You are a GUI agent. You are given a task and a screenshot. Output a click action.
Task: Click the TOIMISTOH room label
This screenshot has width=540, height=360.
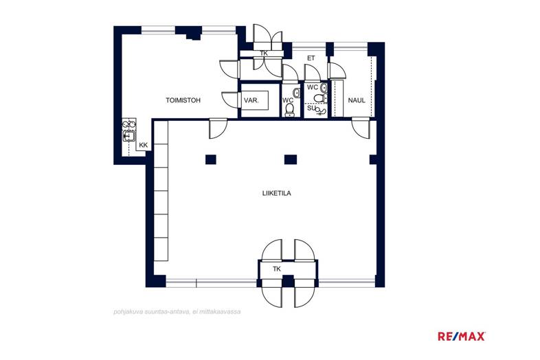[183, 100]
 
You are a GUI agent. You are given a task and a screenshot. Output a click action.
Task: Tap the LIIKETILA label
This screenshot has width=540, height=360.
[277, 193]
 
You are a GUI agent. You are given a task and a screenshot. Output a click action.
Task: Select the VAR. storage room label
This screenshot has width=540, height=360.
[251, 100]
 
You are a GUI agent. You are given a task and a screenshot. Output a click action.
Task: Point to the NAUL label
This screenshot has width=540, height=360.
[357, 100]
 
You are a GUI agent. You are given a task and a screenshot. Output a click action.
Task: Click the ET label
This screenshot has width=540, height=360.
[311, 58]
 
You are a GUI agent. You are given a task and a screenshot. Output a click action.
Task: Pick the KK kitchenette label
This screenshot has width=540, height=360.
[144, 145]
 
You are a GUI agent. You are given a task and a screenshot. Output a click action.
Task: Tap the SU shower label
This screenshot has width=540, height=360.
[311, 108]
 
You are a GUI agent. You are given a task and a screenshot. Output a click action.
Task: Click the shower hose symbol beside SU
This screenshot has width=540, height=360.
[321, 111]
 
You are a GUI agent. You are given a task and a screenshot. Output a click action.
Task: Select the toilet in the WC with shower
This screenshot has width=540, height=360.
[320, 98]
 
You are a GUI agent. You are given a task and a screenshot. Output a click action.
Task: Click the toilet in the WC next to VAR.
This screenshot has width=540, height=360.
[290, 109]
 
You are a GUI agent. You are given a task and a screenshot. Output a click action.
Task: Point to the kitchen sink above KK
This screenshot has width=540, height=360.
[129, 137]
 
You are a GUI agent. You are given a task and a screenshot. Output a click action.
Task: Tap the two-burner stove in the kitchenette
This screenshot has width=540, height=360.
[129, 124]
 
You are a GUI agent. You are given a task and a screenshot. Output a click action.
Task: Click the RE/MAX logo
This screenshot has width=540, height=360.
[462, 336]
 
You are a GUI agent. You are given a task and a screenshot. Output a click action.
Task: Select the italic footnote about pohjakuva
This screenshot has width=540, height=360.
[177, 312]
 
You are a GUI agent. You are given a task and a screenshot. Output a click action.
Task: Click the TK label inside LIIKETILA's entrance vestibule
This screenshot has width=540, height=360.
[277, 269]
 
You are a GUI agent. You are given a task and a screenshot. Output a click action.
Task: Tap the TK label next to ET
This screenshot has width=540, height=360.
[264, 54]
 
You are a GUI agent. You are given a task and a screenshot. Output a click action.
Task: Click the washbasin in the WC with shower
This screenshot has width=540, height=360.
[324, 87]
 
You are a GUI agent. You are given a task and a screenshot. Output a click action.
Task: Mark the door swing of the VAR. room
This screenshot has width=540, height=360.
[230, 100]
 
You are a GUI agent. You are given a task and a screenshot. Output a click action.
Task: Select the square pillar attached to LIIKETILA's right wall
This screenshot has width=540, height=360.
[373, 159]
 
